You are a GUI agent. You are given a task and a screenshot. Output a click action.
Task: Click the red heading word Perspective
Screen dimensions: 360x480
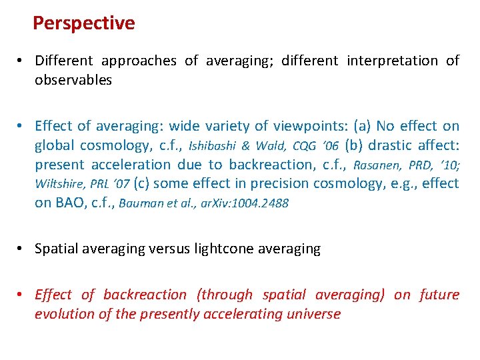83,23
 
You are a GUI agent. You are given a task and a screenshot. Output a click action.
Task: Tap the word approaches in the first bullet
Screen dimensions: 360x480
139,61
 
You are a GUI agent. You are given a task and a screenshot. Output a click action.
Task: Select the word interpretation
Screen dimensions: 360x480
392,61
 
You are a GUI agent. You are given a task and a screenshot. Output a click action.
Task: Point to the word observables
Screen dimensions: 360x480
73,80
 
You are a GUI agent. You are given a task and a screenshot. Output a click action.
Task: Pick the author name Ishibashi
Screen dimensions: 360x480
213,146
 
